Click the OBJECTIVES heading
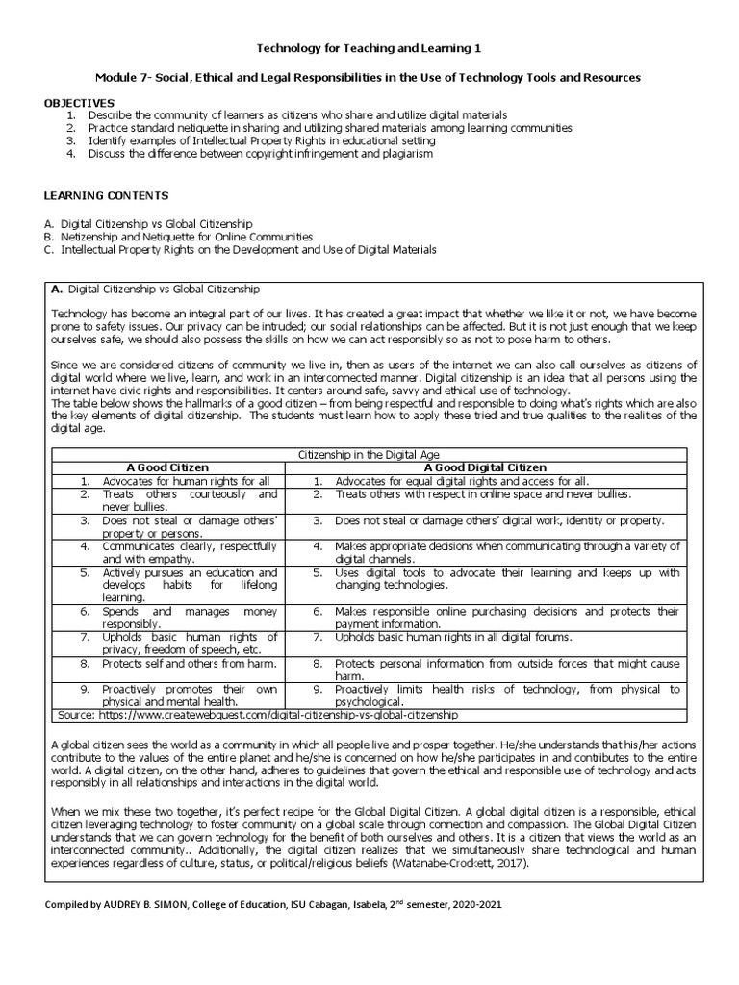tap(79, 103)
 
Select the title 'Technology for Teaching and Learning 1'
tap(369, 47)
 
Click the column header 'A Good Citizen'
tap(174, 467)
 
